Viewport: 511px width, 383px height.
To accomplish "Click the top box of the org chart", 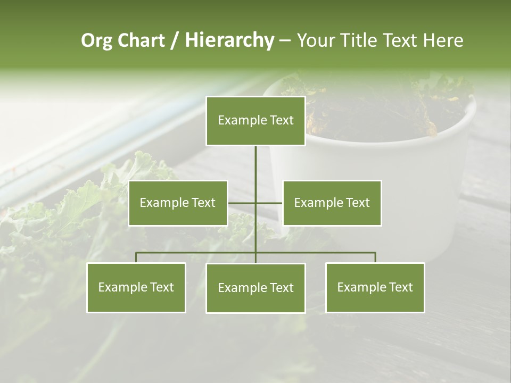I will [x=256, y=121].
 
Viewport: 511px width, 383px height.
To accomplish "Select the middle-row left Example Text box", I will [x=178, y=203].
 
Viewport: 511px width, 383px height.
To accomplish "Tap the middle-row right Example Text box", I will [x=332, y=203].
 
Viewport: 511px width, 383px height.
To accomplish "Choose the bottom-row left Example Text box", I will [x=136, y=287].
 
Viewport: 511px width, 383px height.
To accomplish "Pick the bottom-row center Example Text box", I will [x=256, y=288].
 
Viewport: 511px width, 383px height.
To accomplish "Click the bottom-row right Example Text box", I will [x=375, y=287].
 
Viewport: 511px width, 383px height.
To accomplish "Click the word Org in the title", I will [x=96, y=40].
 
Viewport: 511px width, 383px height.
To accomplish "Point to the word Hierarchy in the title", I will [x=229, y=40].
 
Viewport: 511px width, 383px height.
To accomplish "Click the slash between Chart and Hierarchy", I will [x=175, y=41].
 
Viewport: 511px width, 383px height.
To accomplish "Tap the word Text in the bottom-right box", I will [x=401, y=287].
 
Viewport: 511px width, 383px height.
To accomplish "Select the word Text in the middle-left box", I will [x=204, y=203].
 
